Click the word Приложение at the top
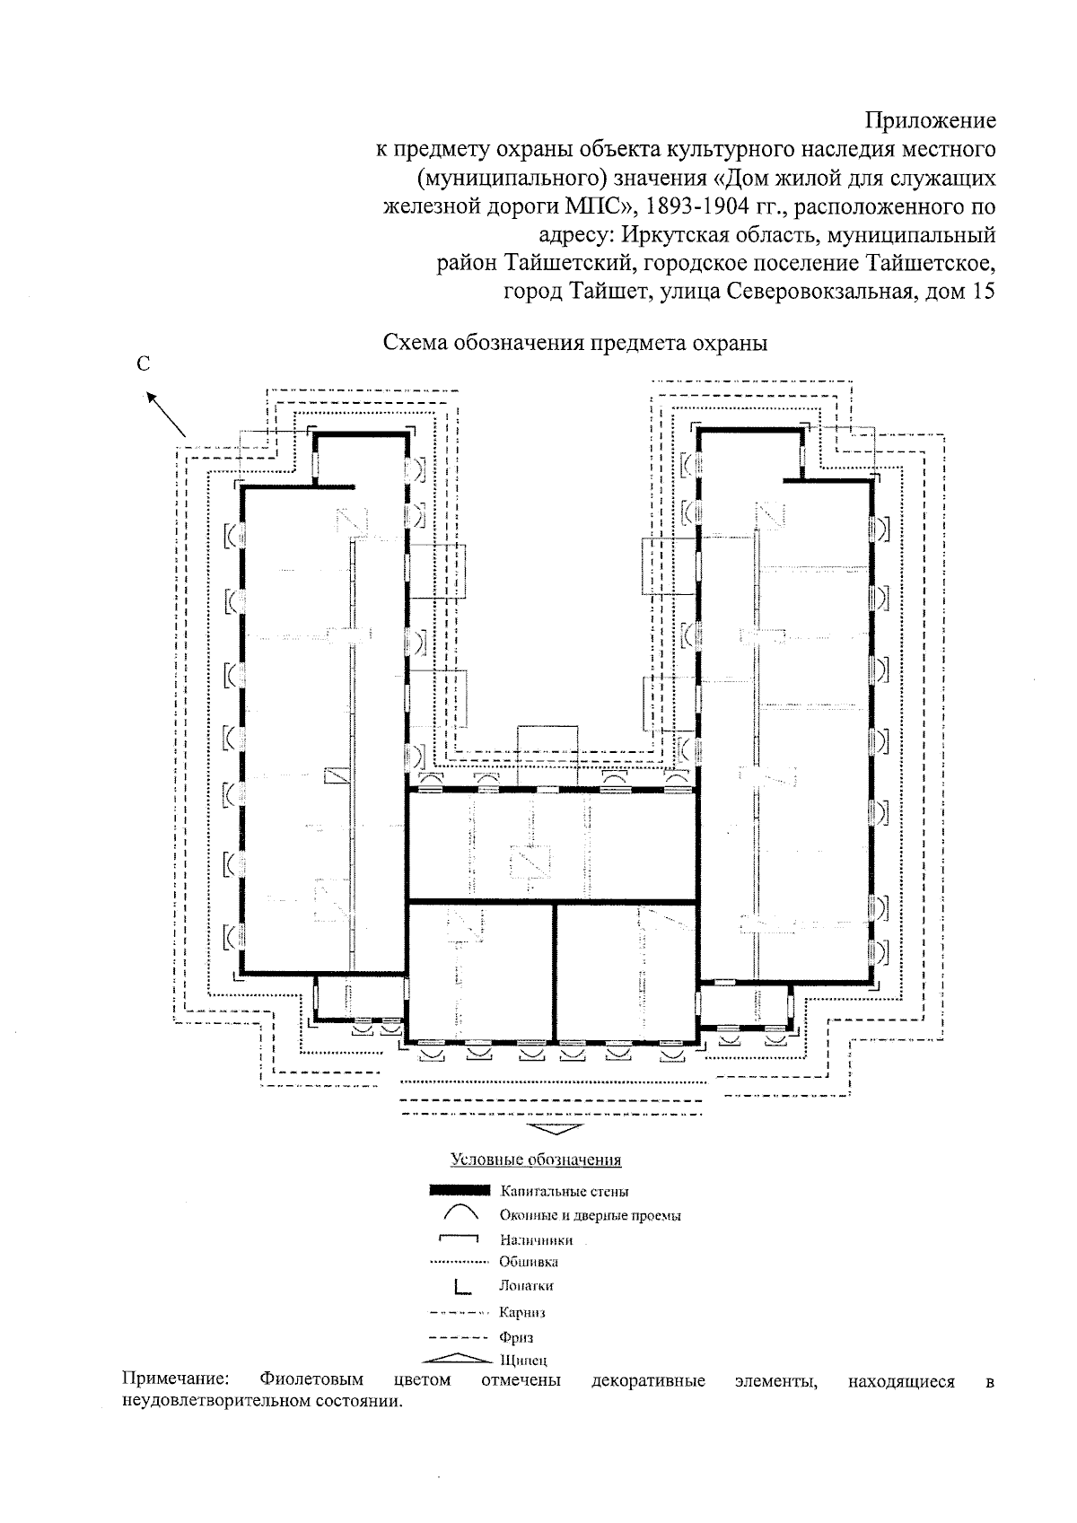(x=930, y=121)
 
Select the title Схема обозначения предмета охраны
(x=575, y=342)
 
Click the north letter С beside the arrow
(x=143, y=364)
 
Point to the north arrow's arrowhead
(x=148, y=397)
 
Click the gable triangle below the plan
(x=556, y=1129)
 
